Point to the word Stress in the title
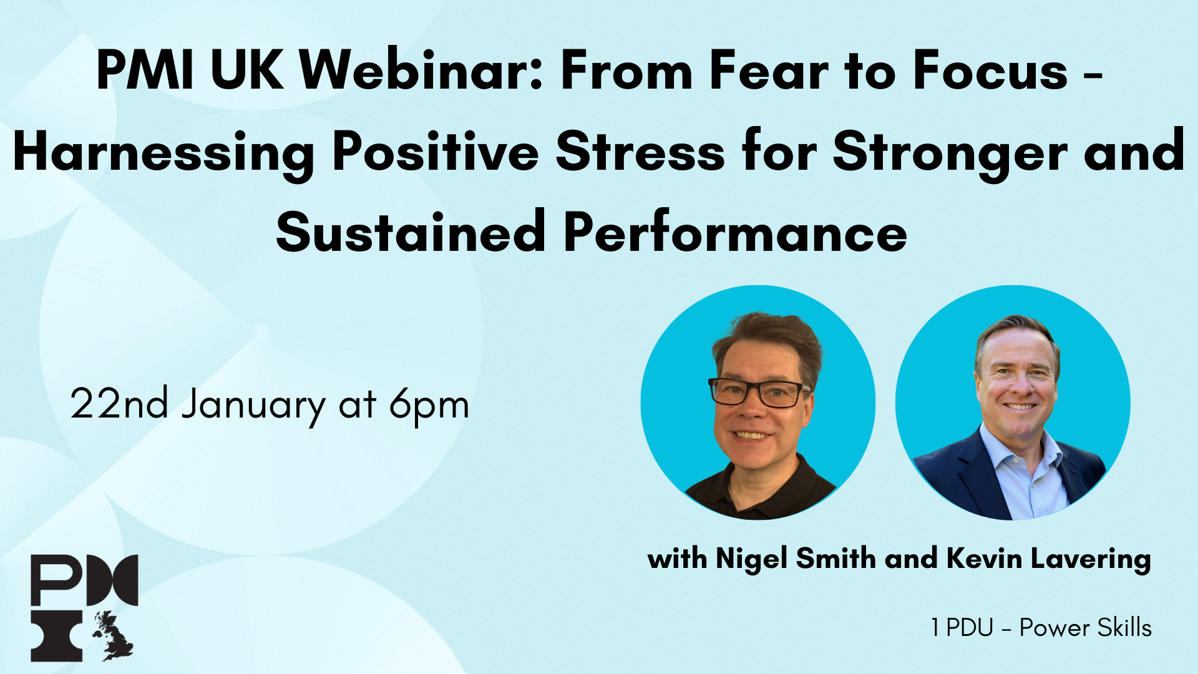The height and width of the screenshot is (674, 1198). pyautogui.click(x=640, y=152)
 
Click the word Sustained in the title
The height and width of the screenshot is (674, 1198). pyautogui.click(x=411, y=233)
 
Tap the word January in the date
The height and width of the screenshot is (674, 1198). pyautogui.click(x=253, y=406)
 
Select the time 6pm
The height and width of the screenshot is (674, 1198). pyautogui.click(x=429, y=406)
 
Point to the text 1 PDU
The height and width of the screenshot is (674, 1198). pyautogui.click(x=962, y=628)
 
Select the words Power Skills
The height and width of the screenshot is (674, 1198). pyautogui.click(x=1086, y=628)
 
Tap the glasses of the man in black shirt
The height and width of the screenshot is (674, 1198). pyautogui.click(x=758, y=393)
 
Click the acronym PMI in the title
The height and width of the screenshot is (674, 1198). pyautogui.click(x=145, y=71)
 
